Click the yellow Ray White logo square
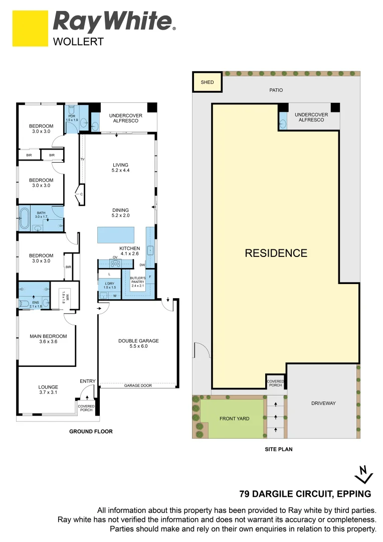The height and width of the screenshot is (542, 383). click(x=30, y=28)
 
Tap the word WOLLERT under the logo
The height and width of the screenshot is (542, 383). click(x=78, y=42)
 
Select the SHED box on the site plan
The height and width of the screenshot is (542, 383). click(x=207, y=82)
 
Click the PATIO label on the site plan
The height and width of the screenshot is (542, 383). click(x=276, y=90)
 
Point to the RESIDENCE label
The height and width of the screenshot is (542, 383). click(x=276, y=253)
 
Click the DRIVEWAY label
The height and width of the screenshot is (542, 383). click(x=323, y=403)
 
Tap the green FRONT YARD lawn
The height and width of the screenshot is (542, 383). click(x=234, y=418)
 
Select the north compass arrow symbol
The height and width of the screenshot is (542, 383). click(x=363, y=475)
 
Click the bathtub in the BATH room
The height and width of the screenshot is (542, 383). click(x=25, y=218)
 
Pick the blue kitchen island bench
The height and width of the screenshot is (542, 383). click(x=116, y=235)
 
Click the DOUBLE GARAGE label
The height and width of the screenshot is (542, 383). click(x=138, y=343)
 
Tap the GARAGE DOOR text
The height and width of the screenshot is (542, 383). click(x=138, y=385)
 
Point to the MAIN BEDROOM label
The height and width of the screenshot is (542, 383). click(x=48, y=339)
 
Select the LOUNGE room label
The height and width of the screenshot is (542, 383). click(x=48, y=389)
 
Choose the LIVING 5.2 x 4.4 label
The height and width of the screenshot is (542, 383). click(x=120, y=168)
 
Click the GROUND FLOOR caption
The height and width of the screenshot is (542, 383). click(x=91, y=432)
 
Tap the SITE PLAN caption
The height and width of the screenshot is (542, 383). click(x=279, y=449)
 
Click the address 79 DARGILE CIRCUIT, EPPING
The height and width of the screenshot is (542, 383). click(x=305, y=494)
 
